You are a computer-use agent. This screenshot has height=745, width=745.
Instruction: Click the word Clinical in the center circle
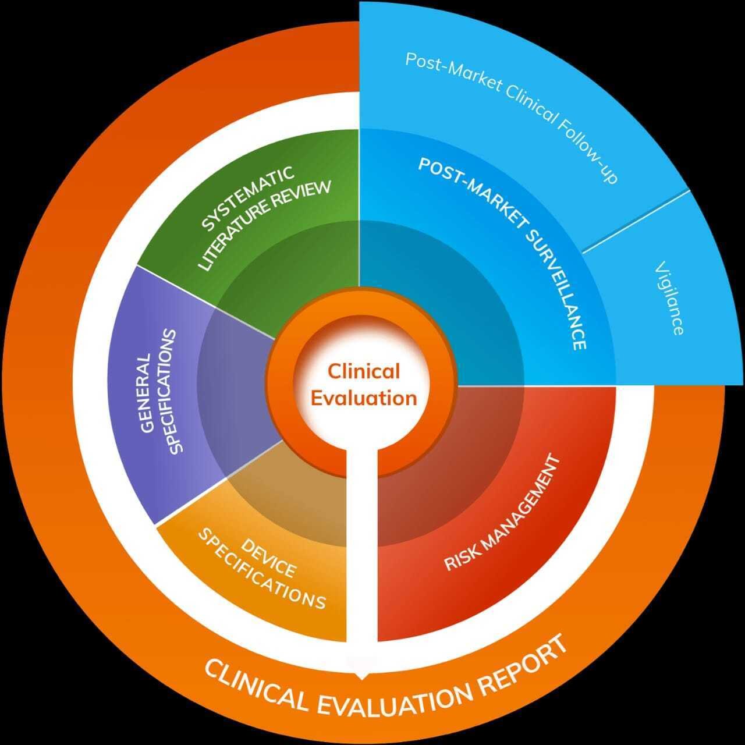pos(363,371)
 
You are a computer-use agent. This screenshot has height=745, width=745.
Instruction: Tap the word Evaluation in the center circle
pos(364,398)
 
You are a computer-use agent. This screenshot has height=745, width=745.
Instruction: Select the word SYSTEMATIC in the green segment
pos(248,198)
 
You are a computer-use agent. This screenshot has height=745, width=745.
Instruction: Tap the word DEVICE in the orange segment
pos(268,557)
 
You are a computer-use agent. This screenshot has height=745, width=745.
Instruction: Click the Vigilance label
pos(669,298)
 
